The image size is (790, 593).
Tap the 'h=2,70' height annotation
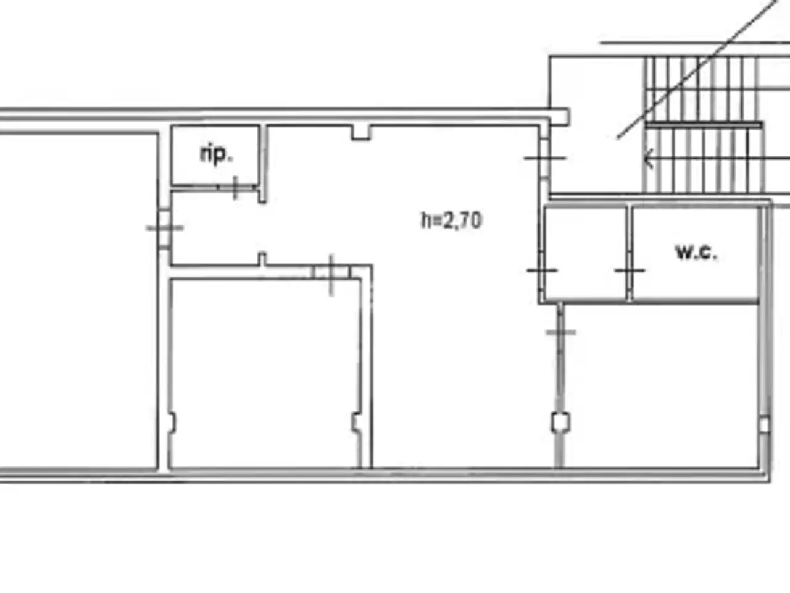pos(451,221)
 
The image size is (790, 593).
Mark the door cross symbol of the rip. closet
pos(235,188)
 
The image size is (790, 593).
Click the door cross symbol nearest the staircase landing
pos(545,158)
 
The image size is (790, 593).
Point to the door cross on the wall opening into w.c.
pos(630,270)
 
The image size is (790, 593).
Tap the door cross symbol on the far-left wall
pos(165,228)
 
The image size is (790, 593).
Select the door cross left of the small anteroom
pos(542,270)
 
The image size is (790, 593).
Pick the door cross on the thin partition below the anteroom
pos(560,332)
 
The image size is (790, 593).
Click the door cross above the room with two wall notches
pos(331,275)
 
